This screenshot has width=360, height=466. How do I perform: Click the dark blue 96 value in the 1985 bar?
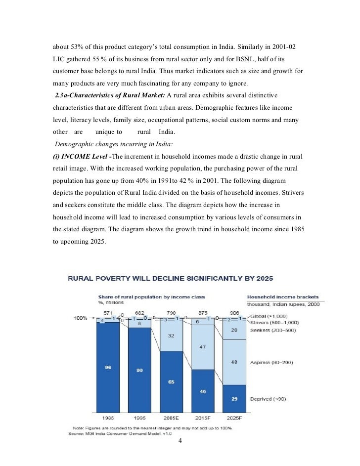pyautogui.click(x=108, y=367)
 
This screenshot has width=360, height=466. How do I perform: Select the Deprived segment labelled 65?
pyautogui.click(x=171, y=382)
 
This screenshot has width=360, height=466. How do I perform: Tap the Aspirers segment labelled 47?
pyautogui.click(x=202, y=347)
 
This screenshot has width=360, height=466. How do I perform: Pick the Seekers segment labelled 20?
pyautogui.click(x=233, y=330)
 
